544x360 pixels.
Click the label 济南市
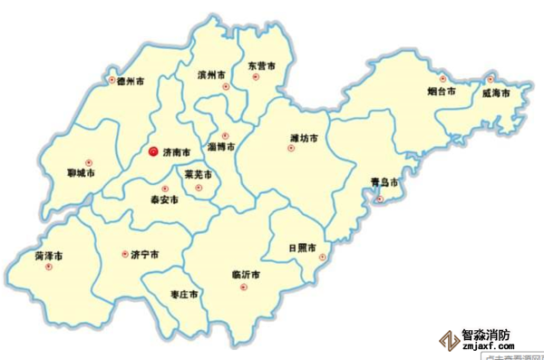(x=178, y=153)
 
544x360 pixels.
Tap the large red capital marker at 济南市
(x=153, y=152)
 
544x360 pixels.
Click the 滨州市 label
(x=212, y=76)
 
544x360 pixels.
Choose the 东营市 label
(x=260, y=65)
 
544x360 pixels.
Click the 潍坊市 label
(x=304, y=139)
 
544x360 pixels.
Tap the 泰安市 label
(x=164, y=199)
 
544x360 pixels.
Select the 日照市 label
(x=302, y=247)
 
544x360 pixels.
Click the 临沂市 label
(x=247, y=274)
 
